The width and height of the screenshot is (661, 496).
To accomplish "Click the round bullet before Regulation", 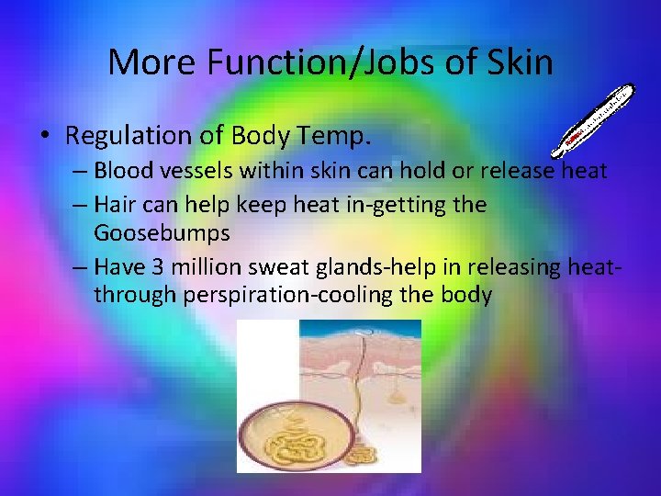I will click(46, 138).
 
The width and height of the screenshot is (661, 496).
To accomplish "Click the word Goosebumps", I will click(162, 233).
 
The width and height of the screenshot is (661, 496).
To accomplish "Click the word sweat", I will click(260, 266).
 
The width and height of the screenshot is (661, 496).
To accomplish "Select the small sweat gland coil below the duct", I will click(363, 454).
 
